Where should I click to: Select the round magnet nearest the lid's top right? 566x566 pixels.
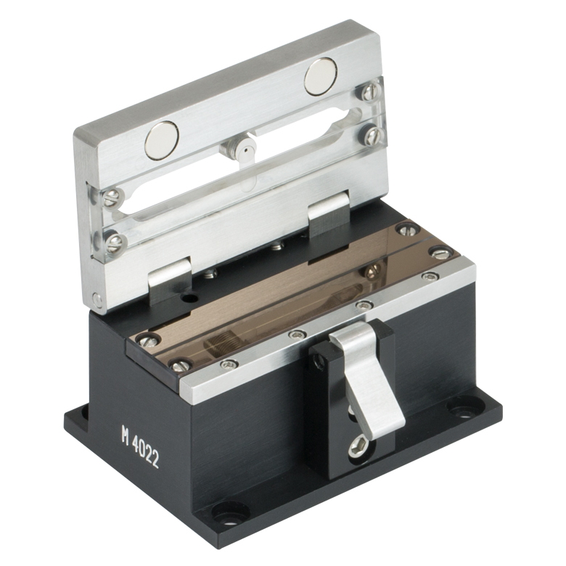(321, 75)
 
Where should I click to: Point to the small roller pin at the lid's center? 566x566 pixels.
(245, 148)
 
